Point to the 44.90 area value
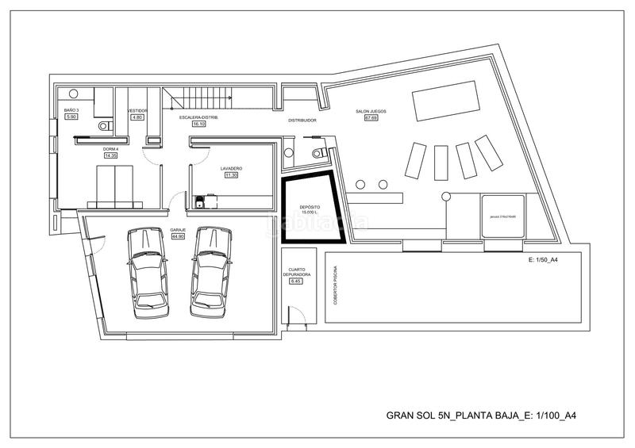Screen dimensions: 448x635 click(x=177, y=236)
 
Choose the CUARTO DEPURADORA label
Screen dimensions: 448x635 click(x=296, y=271)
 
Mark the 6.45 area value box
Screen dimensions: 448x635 click(x=296, y=281)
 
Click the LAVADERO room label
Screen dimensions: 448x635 click(x=231, y=169)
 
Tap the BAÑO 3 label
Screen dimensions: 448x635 click(x=71, y=110)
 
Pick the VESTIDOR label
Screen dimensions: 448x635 click(x=137, y=110)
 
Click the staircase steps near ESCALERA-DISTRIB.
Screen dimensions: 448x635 click(x=198, y=100)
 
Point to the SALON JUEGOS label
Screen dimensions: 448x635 click(x=371, y=112)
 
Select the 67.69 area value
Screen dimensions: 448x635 click(x=371, y=118)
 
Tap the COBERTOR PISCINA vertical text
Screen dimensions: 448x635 click(x=336, y=285)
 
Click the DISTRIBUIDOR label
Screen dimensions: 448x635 click(x=302, y=121)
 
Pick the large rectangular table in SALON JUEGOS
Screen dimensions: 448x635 click(x=445, y=103)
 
